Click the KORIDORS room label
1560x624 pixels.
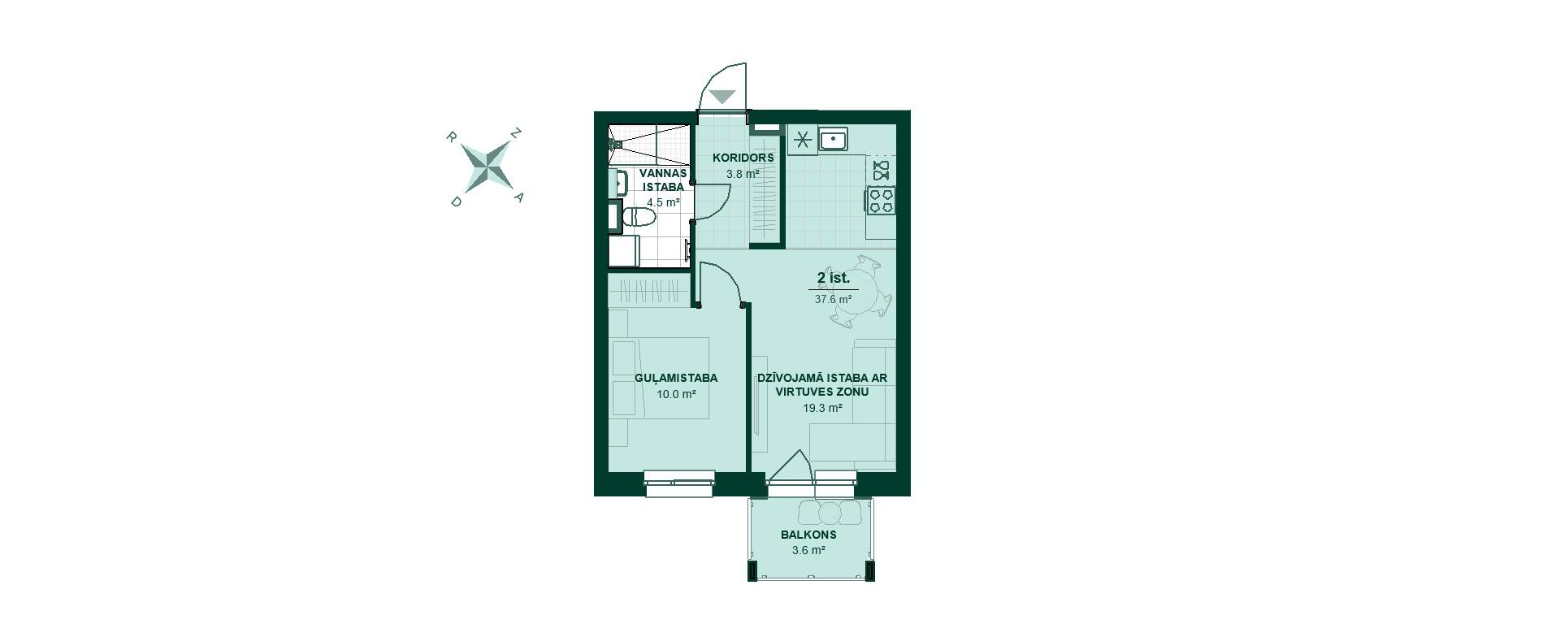click(743, 158)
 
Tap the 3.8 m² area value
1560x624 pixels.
click(743, 173)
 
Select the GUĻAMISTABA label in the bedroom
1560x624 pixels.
click(676, 378)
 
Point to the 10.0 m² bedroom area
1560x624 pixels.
click(676, 394)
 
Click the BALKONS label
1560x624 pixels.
click(808, 535)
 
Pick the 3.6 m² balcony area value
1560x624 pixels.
click(808, 550)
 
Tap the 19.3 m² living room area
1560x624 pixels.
click(822, 408)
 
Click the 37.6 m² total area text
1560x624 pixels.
click(833, 298)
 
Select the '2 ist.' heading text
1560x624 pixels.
click(833, 278)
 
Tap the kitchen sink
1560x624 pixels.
click(833, 139)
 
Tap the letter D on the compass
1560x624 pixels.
click(456, 201)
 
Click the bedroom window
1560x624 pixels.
click(679, 483)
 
